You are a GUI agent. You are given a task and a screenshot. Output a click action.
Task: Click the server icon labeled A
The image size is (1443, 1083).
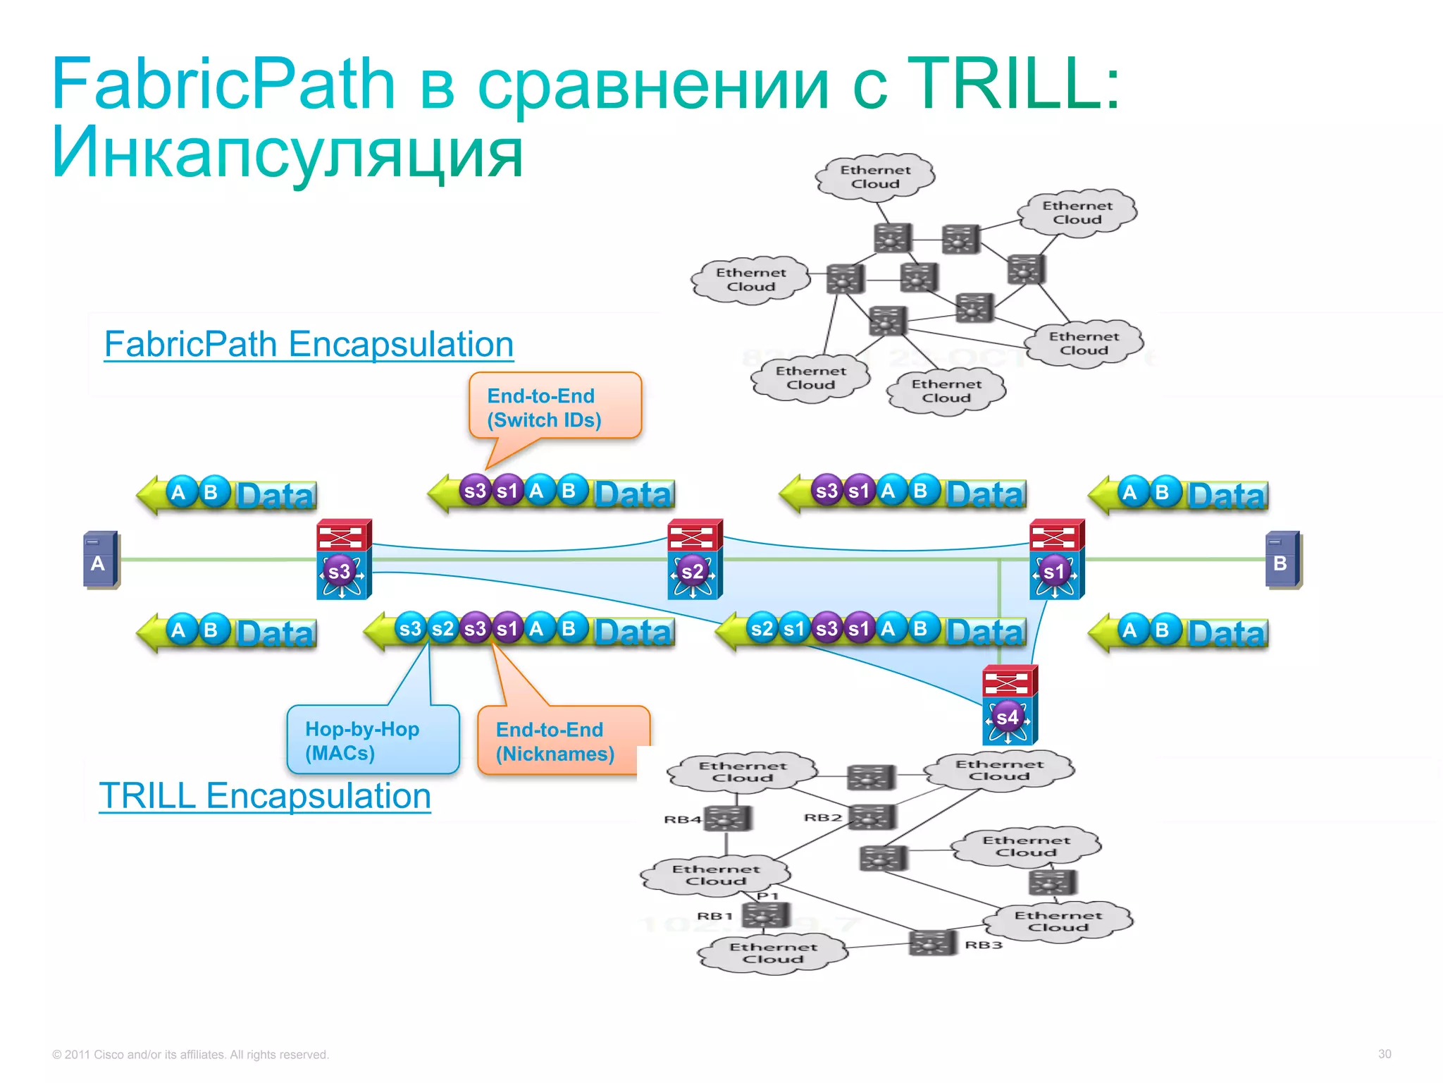[x=101, y=560]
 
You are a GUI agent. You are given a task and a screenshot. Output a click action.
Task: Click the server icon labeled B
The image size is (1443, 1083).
[x=1282, y=560]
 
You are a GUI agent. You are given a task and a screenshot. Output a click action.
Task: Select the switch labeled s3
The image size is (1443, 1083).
[x=343, y=560]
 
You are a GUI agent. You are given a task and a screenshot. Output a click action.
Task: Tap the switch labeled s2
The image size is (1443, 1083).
[x=694, y=560]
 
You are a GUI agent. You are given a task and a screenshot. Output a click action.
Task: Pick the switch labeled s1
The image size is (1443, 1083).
[x=1056, y=560]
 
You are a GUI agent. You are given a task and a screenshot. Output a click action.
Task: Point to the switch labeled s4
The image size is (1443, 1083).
[x=1009, y=705]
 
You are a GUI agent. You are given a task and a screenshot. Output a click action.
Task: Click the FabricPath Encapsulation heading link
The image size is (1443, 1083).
[x=309, y=345]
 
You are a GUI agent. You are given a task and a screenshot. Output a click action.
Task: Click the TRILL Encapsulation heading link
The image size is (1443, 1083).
[x=265, y=796]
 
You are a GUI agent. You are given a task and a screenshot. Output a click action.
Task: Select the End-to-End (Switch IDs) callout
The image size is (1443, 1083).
[x=555, y=407]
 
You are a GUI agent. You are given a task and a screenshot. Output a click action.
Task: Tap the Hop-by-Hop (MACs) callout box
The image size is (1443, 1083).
[x=373, y=740]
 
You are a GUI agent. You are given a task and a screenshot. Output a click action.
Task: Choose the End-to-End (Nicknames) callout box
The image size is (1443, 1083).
[x=562, y=741]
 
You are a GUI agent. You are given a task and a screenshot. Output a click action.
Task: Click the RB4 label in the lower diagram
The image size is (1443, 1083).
[x=682, y=819]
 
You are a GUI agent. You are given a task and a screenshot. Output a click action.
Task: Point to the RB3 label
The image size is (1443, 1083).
[x=983, y=944]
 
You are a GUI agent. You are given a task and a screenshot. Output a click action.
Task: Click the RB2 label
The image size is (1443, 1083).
[x=822, y=817]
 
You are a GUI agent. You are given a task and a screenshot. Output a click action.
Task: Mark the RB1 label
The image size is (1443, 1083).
[x=714, y=916]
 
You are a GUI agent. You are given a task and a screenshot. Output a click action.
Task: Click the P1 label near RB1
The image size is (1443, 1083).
[x=767, y=896]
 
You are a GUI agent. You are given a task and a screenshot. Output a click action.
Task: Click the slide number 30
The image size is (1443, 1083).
[x=1384, y=1054]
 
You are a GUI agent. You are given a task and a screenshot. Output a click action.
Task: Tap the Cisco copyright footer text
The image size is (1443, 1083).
[x=190, y=1055]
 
